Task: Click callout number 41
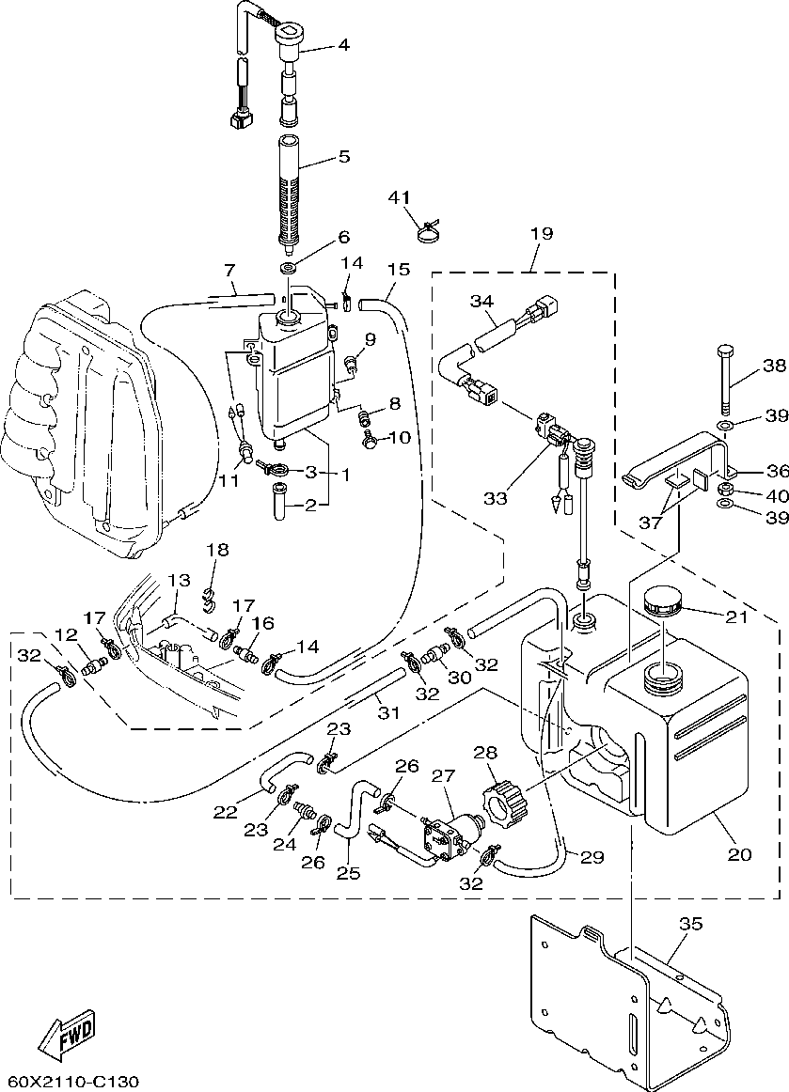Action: [400, 196]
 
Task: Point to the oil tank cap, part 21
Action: [663, 601]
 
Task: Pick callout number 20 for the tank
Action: [739, 854]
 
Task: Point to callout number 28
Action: [485, 753]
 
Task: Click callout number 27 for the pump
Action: [443, 775]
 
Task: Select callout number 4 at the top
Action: [344, 44]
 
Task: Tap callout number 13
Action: [179, 582]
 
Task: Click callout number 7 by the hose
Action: [229, 271]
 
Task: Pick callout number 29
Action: [591, 857]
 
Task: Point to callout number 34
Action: [481, 301]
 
